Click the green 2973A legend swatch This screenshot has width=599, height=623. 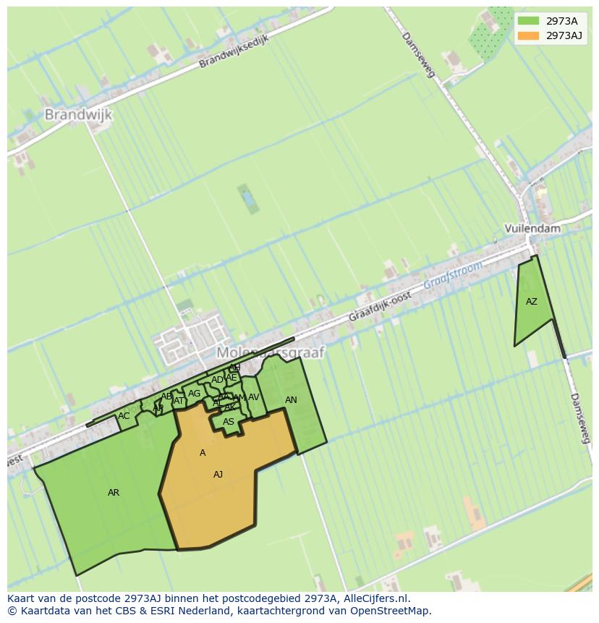coord(528,21)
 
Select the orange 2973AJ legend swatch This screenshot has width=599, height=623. coord(528,35)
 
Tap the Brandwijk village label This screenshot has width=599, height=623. coord(79,114)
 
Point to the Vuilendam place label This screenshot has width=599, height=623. coord(533,229)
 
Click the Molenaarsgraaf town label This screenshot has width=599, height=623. coord(271,352)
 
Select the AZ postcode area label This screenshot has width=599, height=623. coord(532,302)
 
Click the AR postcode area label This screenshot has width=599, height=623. coord(114,493)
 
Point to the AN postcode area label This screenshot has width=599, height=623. coord(291,400)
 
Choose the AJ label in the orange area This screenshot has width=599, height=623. coord(218,475)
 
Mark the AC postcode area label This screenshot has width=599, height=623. coord(124,416)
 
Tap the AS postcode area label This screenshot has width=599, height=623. coord(229,422)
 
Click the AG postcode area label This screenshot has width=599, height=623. coord(194,394)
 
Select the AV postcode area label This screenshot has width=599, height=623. coord(253,397)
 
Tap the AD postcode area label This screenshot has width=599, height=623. coord(217,380)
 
